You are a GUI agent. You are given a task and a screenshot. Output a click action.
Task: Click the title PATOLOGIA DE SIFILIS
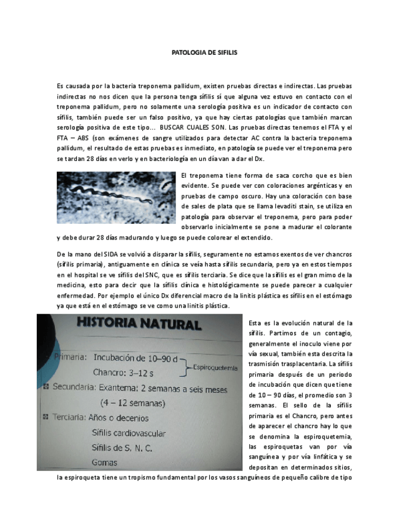tap(204, 53)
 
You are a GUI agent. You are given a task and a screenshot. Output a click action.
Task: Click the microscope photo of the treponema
tap(116, 198)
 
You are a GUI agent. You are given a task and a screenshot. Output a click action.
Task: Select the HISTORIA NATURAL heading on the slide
tap(139, 324)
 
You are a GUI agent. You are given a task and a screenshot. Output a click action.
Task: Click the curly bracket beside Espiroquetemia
tap(185, 366)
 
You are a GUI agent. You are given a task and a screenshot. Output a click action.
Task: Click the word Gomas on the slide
tap(104, 462)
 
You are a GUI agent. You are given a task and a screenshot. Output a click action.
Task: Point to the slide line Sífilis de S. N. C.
tap(122, 447)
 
